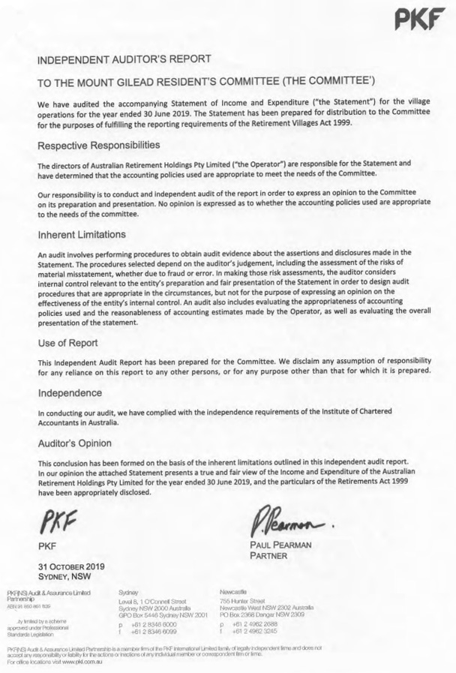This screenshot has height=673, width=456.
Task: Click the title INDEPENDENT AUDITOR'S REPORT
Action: tap(124, 59)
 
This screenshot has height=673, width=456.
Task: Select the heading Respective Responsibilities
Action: tap(109, 144)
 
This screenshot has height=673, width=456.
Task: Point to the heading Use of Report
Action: tap(69, 344)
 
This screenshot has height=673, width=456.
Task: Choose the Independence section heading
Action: tap(70, 392)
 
